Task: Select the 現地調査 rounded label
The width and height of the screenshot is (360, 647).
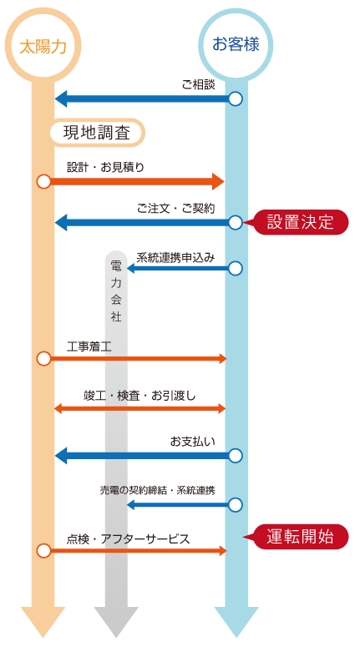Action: (98, 134)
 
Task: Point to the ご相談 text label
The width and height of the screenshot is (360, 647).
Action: (199, 85)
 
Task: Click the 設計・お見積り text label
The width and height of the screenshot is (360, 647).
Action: (106, 167)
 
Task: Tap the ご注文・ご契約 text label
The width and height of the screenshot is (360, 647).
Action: (176, 209)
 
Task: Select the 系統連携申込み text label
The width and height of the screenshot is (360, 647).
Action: (175, 258)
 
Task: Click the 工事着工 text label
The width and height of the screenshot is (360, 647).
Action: (89, 346)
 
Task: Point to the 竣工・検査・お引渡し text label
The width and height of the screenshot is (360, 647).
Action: (139, 396)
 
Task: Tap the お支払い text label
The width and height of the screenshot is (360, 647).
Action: (193, 442)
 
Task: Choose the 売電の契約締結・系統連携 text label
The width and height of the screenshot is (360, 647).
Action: (157, 491)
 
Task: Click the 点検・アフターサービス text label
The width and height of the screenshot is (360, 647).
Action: (129, 539)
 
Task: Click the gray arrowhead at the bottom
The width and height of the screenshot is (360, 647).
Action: (116, 622)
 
